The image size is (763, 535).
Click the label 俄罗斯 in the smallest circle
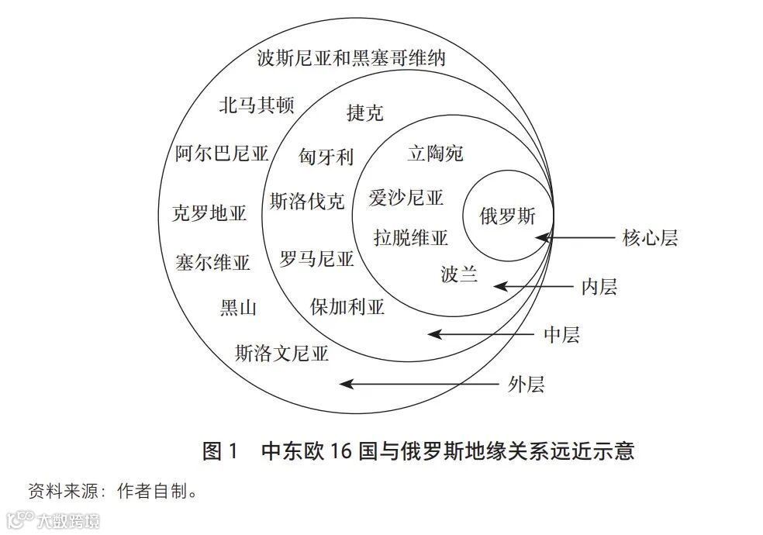(x=508, y=216)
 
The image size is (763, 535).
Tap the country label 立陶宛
(x=435, y=154)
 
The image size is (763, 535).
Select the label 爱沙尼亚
(x=406, y=198)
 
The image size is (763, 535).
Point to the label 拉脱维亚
(x=411, y=238)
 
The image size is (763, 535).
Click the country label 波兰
(x=459, y=274)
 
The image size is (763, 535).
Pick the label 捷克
(x=364, y=113)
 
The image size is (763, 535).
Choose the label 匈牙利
(x=326, y=157)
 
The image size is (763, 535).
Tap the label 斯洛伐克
(x=307, y=202)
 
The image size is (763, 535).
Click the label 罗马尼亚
(x=316, y=258)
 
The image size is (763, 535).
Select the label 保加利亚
(x=347, y=306)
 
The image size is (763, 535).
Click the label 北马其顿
(x=256, y=105)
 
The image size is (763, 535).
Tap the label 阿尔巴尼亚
(x=222, y=154)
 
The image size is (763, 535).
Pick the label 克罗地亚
(x=209, y=213)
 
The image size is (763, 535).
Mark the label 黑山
(x=238, y=308)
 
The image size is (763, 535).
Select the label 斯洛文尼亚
(x=281, y=354)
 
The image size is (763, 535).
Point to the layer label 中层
(x=561, y=335)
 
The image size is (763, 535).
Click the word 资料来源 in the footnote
(x=61, y=491)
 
